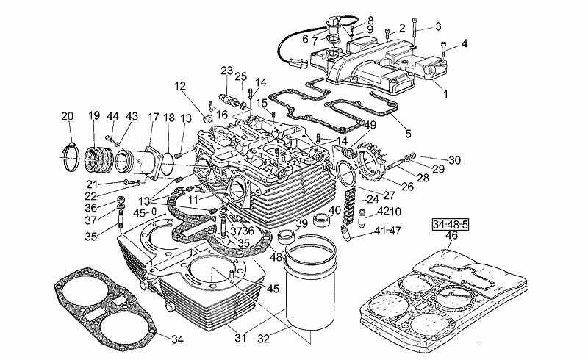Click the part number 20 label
pyautogui.click(x=68, y=115)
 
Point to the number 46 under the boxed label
pyautogui.click(x=451, y=235)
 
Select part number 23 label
pyautogui.click(x=226, y=71)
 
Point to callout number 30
pyautogui.click(x=455, y=159)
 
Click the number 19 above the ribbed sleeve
pyautogui.click(x=94, y=115)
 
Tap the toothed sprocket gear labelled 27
pyautogui.click(x=368, y=165)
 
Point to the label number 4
pyautogui.click(x=465, y=43)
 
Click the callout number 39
pyautogui.click(x=302, y=224)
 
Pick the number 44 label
pyautogui.click(x=112, y=116)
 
